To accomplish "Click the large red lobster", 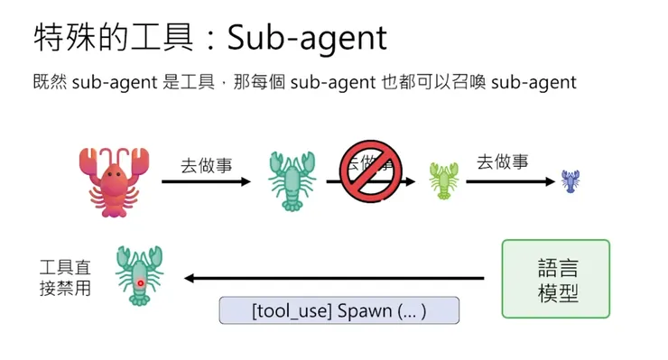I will click(x=112, y=180).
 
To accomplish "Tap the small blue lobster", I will click(x=570, y=180).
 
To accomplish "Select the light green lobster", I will click(x=443, y=180).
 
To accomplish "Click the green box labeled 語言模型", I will click(x=555, y=279).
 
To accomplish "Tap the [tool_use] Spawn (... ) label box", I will click(x=339, y=311).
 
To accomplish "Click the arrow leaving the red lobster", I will click(x=206, y=181).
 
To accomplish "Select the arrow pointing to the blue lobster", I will click(x=510, y=181).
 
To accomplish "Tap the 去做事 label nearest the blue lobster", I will click(x=502, y=162).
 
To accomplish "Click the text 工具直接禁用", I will click(x=65, y=278).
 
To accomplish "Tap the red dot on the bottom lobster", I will click(x=140, y=283).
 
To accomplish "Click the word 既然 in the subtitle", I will click(x=46, y=82).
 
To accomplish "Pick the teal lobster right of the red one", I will click(x=292, y=180).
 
